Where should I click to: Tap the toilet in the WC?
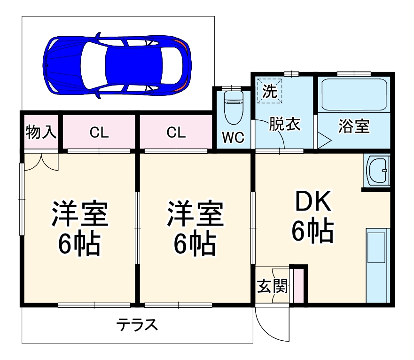click(x=233, y=106)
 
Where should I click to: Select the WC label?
click(x=233, y=138)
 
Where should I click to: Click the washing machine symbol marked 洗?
click(x=270, y=91)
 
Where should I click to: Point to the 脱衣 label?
click(x=284, y=125)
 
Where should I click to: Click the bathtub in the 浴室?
click(x=353, y=94)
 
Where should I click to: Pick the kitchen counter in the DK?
click(x=377, y=266)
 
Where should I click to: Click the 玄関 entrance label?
click(x=272, y=286)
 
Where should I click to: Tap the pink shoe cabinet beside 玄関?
click(x=298, y=286)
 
